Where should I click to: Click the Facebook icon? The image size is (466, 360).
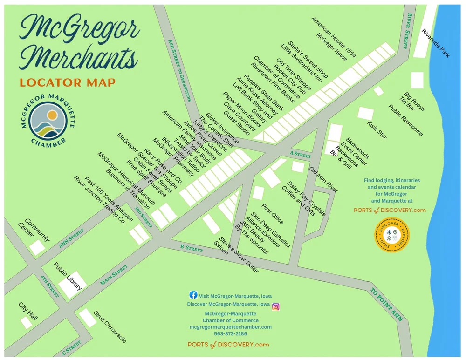(193, 295)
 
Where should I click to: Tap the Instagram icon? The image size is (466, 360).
(276, 306)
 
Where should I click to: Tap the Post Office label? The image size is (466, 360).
(273, 213)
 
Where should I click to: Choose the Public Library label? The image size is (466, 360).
(68, 276)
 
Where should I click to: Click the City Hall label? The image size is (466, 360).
(27, 312)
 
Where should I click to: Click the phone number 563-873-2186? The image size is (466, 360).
(230, 334)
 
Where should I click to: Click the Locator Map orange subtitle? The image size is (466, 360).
(68, 83)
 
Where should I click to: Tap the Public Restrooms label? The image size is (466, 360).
(406, 120)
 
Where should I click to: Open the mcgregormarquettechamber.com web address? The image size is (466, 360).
(230, 327)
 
